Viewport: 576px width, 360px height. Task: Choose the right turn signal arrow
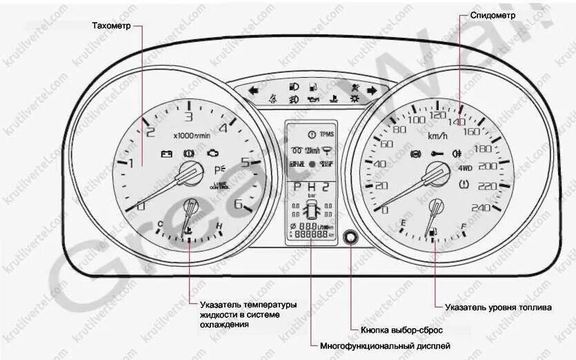point(372,90)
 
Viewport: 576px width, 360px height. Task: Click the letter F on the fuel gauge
point(464,225)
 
